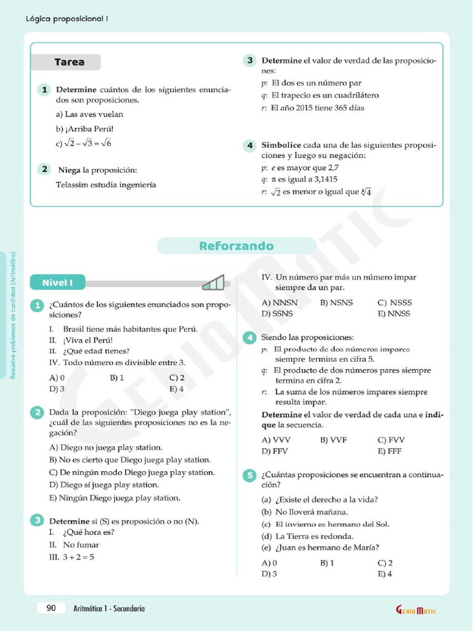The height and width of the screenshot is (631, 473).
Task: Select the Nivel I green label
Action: coord(58,283)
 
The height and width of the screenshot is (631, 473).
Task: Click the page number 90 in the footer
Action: coord(51,608)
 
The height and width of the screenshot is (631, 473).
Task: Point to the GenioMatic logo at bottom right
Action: coord(416,610)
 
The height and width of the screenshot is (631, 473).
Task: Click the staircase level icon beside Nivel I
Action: coord(213,283)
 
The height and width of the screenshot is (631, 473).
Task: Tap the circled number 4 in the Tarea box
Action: coord(249,145)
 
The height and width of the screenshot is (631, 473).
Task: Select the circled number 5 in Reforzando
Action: coord(249,475)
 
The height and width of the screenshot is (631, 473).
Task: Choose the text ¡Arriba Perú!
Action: coord(85,129)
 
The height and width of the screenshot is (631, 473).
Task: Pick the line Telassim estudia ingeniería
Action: coord(106,184)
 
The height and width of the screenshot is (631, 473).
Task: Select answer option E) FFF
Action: coord(390,451)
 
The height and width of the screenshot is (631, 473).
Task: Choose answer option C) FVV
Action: coord(391,440)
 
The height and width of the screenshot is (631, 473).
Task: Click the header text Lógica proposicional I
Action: coord(67,18)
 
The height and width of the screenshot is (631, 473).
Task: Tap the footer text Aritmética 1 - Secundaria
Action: coord(109,608)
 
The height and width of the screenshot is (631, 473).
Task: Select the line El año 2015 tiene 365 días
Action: coord(313,108)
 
